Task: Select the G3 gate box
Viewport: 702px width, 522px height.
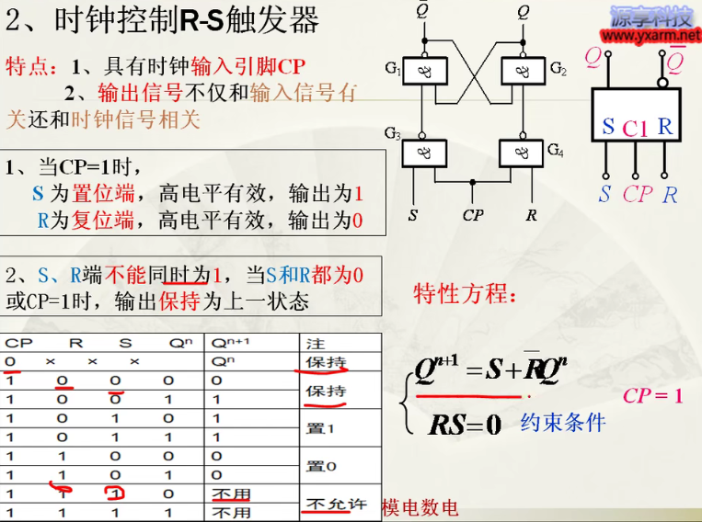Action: [x=424, y=152]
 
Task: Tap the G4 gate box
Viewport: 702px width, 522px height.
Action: [x=522, y=152]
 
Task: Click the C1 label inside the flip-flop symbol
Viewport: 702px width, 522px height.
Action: [x=635, y=129]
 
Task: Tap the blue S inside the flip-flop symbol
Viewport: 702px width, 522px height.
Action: [x=608, y=127]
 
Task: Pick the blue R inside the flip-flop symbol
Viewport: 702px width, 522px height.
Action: [x=665, y=126]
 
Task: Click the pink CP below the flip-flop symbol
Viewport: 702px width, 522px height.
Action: [x=637, y=194]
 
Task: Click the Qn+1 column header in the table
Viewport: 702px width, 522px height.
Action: [x=230, y=343]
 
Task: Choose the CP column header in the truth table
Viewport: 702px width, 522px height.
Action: [x=18, y=343]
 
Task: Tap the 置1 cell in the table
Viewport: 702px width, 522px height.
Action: [x=321, y=427]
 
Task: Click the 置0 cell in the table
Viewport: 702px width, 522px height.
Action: [x=321, y=466]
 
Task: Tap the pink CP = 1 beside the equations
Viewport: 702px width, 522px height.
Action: [x=653, y=395]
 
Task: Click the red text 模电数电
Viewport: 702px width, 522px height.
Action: [x=420, y=508]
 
